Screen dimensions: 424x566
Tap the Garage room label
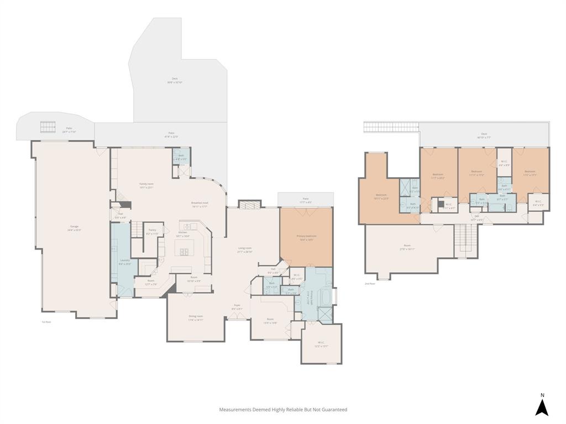click(x=74, y=227)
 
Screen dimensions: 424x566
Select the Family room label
click(x=146, y=184)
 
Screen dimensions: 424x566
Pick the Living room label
click(x=245, y=248)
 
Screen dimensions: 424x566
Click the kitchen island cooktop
click(x=183, y=252)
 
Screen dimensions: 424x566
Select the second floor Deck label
click(x=484, y=134)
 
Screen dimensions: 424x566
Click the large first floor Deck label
click(x=175, y=79)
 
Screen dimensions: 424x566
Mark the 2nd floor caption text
click(x=369, y=284)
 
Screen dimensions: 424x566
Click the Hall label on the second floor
click(x=476, y=216)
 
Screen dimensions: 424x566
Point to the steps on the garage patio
click(x=48, y=128)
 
